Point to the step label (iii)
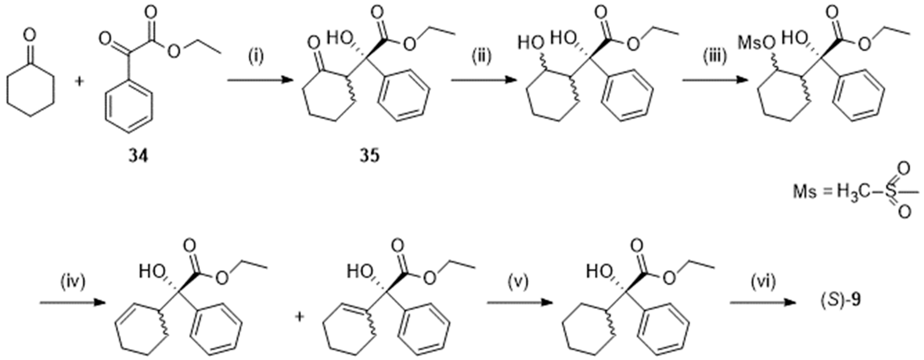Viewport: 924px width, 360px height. [x=715, y=57]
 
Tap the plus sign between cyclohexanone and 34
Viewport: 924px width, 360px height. [x=79, y=81]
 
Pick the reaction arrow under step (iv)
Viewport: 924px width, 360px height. [x=72, y=303]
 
